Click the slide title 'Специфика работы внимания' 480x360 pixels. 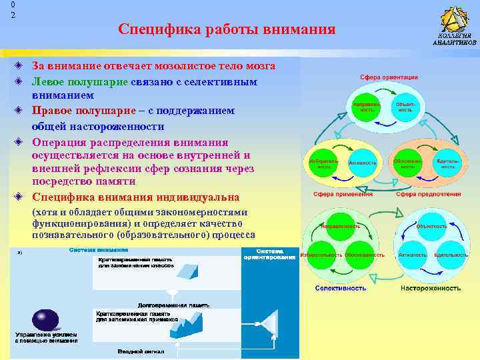[226, 30]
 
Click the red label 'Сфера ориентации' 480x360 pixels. [389, 77]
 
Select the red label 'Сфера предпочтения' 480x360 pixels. [429, 194]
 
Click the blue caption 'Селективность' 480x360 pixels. [341, 289]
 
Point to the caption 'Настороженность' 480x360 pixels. [430, 289]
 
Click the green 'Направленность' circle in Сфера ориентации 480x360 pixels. [367, 107]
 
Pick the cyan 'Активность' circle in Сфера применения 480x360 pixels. [363, 163]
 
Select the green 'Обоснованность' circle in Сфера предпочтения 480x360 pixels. [408, 163]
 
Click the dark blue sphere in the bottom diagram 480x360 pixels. [48, 318]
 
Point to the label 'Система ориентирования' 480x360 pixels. [270, 253]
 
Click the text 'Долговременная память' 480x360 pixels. [170, 303]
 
